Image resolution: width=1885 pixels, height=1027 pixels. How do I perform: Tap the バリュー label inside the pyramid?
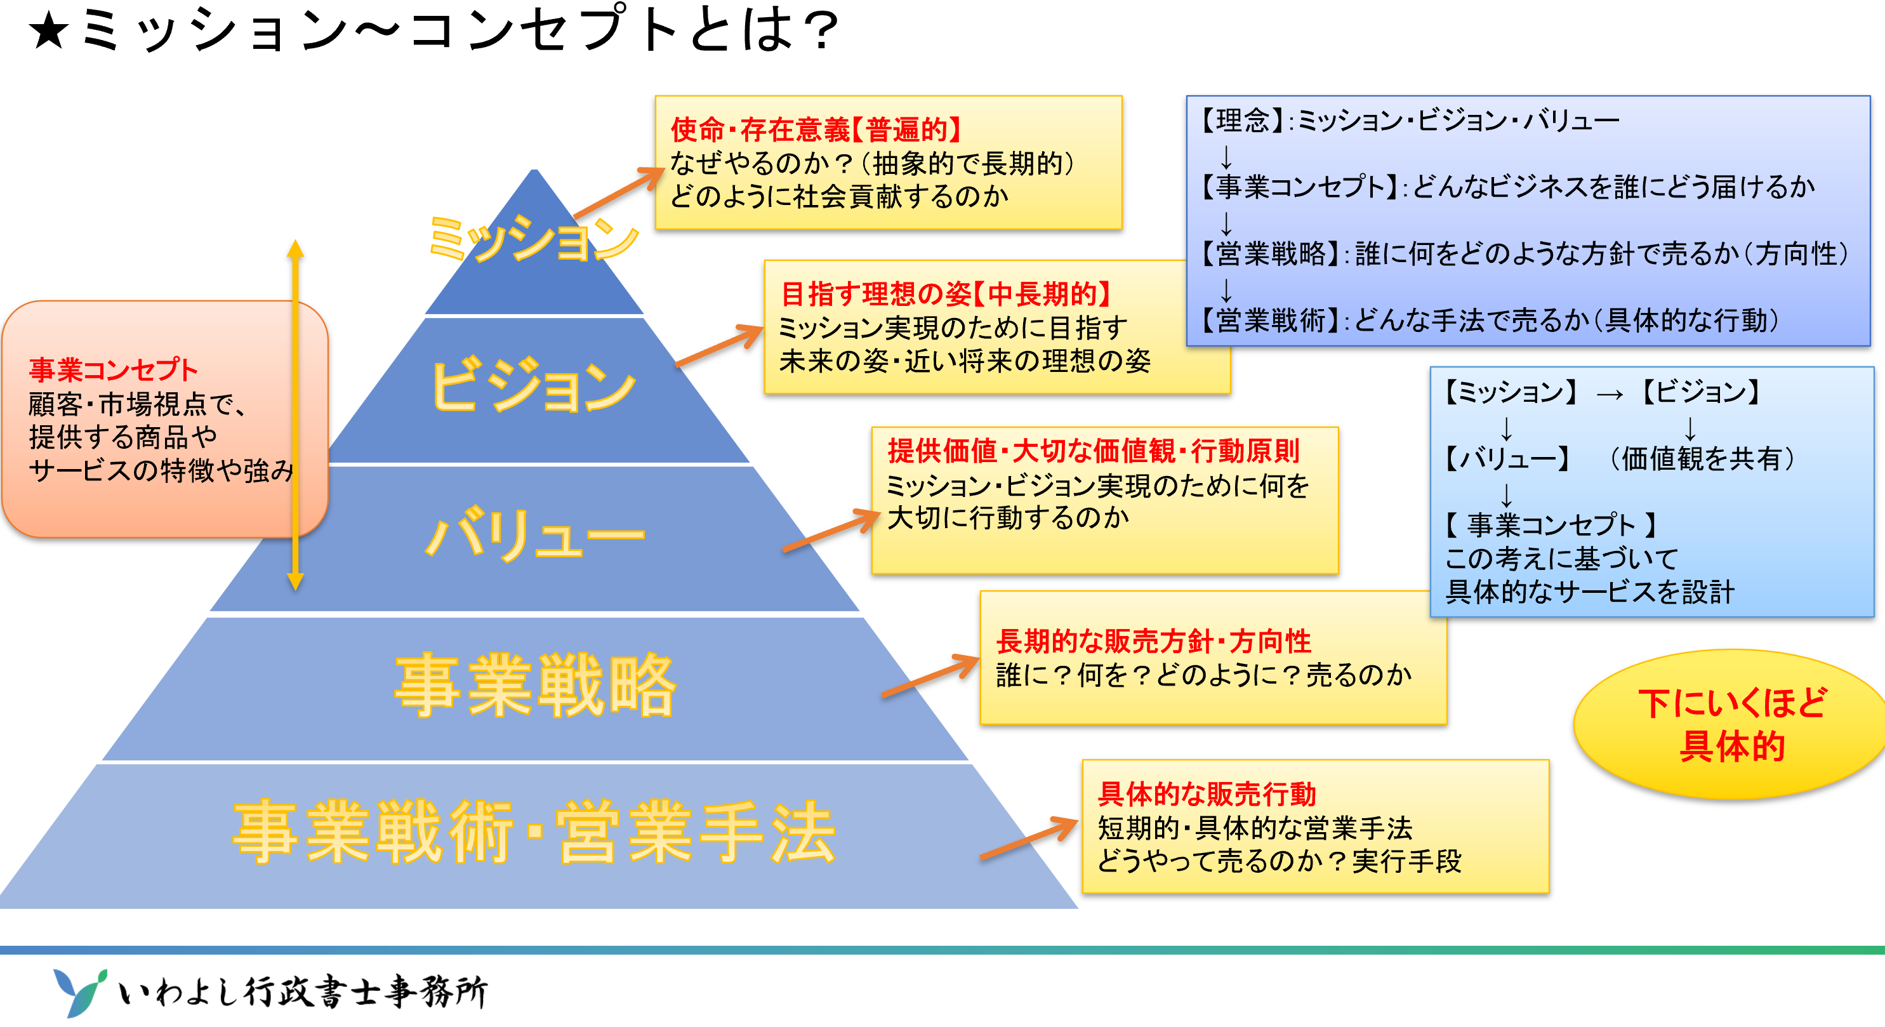pyautogui.click(x=535, y=534)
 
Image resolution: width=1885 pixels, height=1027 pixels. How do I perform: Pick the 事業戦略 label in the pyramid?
pyautogui.click(x=535, y=685)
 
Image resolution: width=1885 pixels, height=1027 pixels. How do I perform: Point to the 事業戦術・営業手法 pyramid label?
pyautogui.click(x=534, y=832)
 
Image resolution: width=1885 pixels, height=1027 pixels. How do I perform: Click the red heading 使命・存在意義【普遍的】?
pyautogui.click(x=816, y=129)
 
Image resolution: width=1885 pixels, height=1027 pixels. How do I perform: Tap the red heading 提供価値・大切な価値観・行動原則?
pyautogui.click(x=1094, y=451)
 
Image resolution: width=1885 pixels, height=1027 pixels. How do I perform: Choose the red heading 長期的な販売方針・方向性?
pyautogui.click(x=1153, y=641)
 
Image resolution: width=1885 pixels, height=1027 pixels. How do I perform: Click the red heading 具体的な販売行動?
pyautogui.click(x=1207, y=793)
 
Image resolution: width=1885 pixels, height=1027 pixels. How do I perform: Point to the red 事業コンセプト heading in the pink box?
pyautogui.click(x=114, y=369)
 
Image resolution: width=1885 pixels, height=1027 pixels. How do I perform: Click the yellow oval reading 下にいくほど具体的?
pyautogui.click(x=1731, y=725)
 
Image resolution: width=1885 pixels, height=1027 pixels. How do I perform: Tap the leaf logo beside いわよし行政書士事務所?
pyautogui.click(x=79, y=992)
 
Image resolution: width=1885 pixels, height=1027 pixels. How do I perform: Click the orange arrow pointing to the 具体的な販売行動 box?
pyautogui.click(x=1029, y=838)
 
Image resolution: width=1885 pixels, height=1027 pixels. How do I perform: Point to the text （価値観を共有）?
pyautogui.click(x=1702, y=459)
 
